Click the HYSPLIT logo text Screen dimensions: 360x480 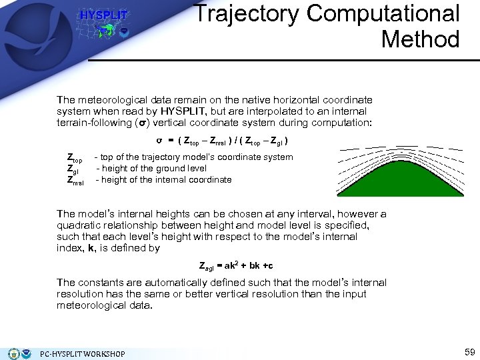coord(103,15)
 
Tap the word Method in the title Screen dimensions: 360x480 coord(420,39)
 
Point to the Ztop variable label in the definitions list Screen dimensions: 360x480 coord(75,158)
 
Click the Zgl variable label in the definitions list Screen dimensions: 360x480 coord(73,169)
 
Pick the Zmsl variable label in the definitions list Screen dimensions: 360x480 coord(75,180)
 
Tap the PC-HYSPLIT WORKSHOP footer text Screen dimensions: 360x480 coord(82,353)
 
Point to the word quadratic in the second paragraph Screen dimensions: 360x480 coord(78,225)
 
